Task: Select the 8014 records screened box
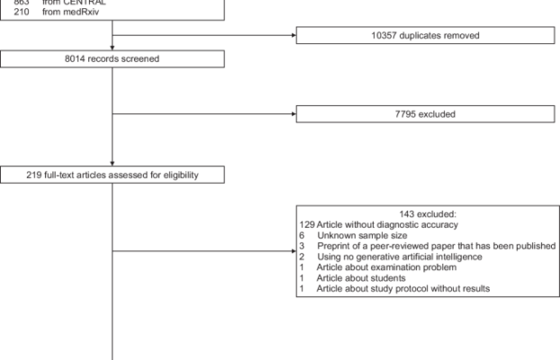pos(112,59)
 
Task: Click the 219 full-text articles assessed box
pos(112,175)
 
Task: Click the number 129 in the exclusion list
pos(307,223)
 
